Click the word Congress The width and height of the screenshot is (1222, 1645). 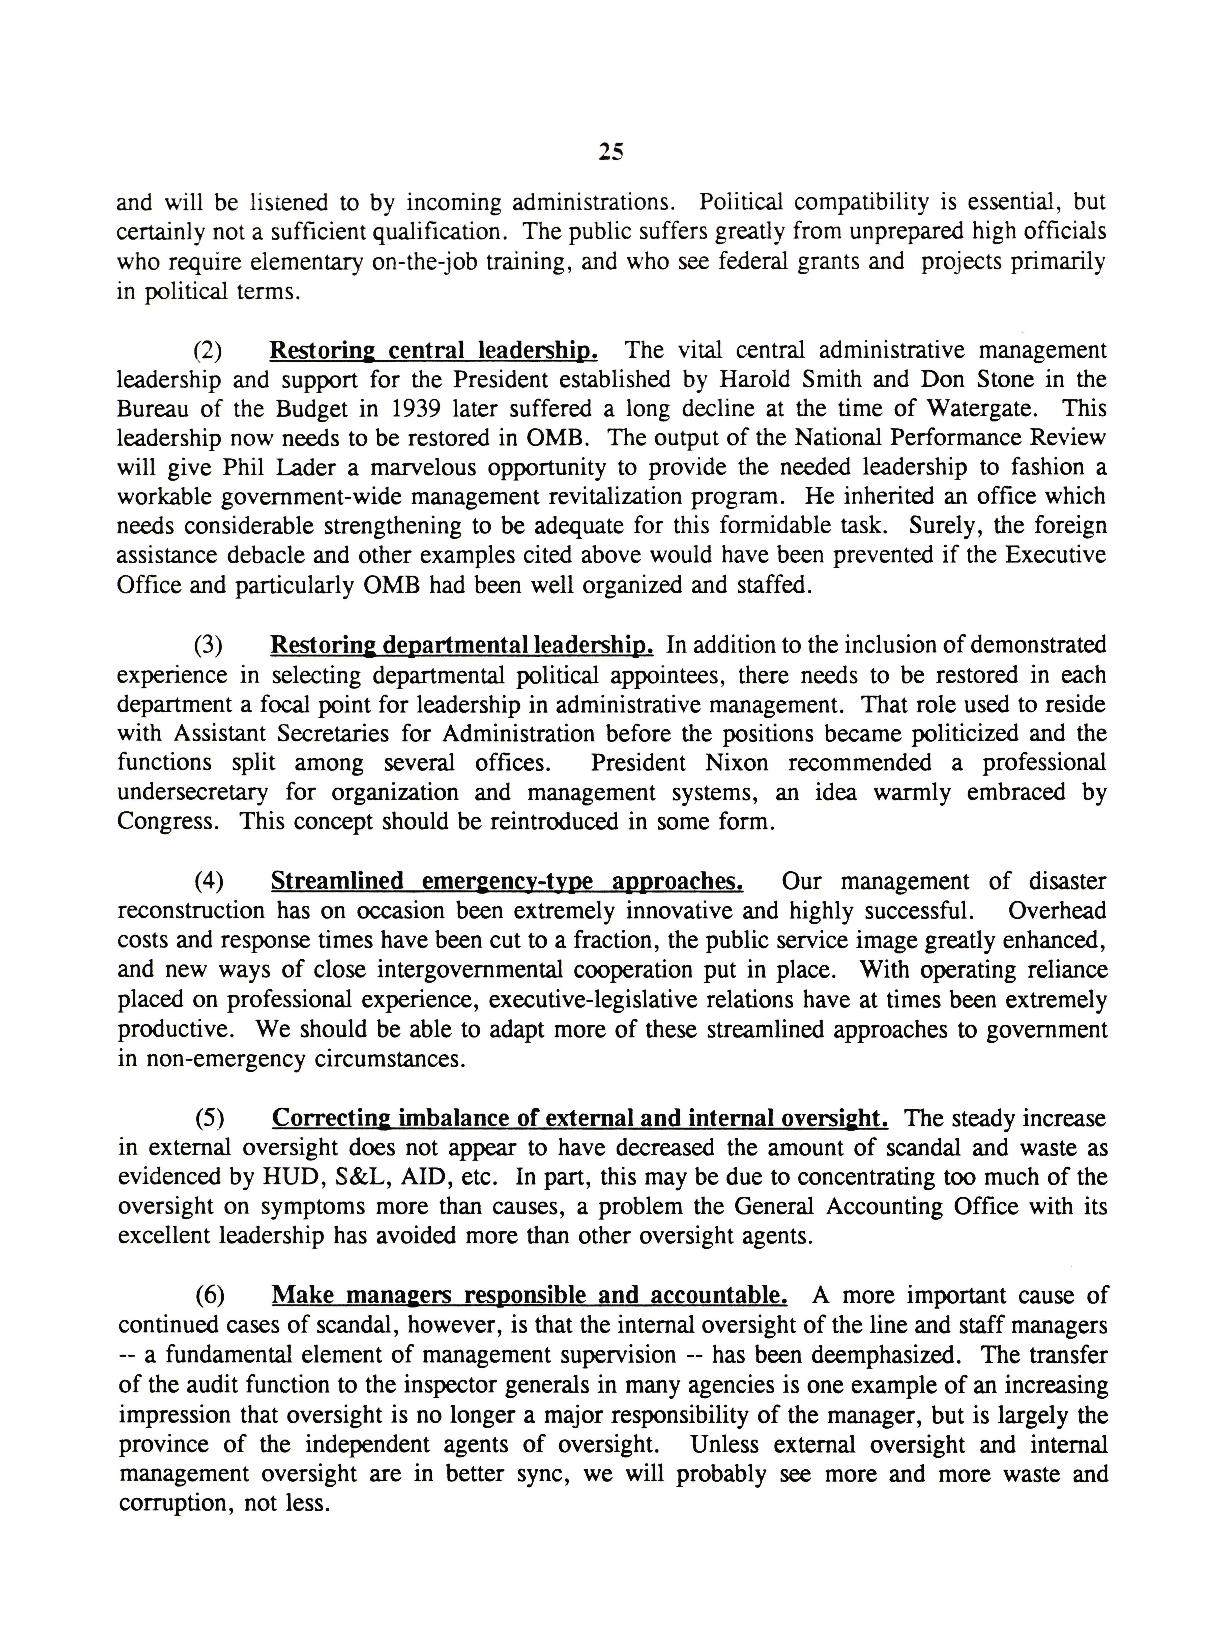tap(167, 822)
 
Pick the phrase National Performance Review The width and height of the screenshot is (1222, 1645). tap(950, 438)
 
